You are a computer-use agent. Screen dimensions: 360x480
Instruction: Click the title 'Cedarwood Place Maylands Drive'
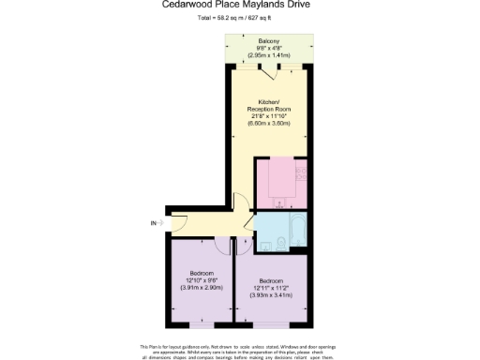(x=239, y=6)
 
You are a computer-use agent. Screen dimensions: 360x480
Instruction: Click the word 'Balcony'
(x=266, y=42)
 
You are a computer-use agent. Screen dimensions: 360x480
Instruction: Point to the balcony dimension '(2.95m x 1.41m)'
(x=266, y=55)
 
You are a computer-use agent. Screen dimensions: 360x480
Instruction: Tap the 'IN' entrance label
(x=153, y=223)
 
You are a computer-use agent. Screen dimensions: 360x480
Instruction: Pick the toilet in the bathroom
(x=282, y=246)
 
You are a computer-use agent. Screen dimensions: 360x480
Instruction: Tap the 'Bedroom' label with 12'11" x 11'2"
(x=271, y=280)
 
